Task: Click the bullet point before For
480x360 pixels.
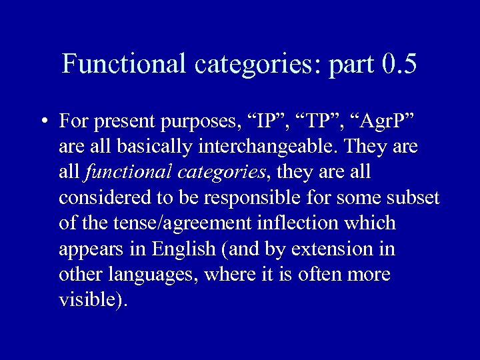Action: (43, 123)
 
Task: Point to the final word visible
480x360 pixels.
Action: (92, 300)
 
